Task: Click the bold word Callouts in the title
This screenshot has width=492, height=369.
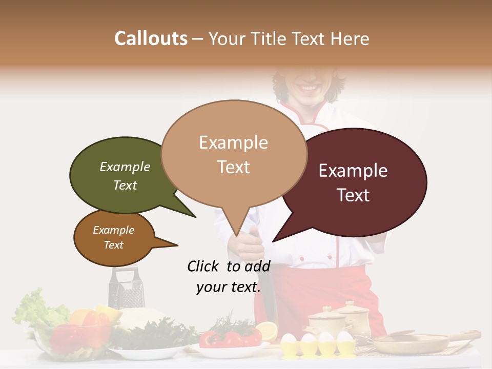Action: click(x=151, y=38)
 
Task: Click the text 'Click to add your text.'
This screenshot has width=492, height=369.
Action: click(x=229, y=276)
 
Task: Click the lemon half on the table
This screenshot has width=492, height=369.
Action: click(x=266, y=331)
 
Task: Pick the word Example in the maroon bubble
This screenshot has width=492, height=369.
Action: click(x=353, y=170)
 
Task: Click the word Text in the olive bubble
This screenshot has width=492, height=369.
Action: click(x=125, y=185)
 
